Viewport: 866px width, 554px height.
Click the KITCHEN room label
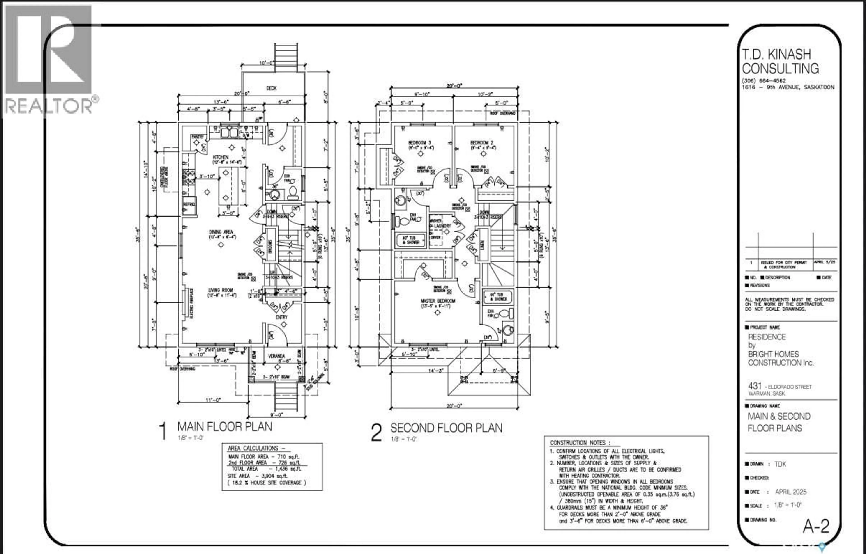click(220, 157)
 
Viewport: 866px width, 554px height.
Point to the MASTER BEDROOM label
click(438, 301)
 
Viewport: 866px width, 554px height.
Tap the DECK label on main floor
click(271, 88)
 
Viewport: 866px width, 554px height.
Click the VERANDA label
click(276, 356)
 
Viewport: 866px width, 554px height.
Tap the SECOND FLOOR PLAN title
click(446, 428)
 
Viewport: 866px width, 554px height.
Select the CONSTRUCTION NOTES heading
click(580, 443)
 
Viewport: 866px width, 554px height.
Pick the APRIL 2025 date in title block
click(790, 492)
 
